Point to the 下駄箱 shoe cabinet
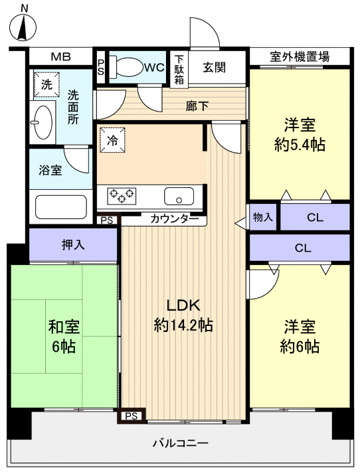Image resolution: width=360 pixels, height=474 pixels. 179,69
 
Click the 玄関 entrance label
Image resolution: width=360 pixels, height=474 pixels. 215,67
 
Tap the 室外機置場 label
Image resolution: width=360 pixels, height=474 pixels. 300,57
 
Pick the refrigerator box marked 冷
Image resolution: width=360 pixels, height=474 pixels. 112,141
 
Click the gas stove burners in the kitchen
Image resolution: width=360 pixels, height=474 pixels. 122,195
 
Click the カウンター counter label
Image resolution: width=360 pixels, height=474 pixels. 174,218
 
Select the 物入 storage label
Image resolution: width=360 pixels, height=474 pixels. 263,217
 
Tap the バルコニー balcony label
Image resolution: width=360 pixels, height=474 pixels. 181,443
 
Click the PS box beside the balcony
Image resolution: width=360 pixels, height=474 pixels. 132,416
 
